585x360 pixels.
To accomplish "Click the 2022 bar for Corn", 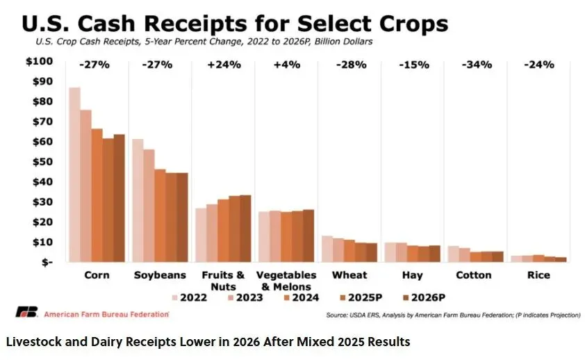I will pyautogui.click(x=74, y=174).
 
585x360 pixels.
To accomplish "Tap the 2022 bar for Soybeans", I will pyautogui.click(x=138, y=201).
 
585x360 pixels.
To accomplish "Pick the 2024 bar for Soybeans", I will pyautogui.click(x=160, y=215).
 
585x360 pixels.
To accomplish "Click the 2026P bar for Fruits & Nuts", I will pyautogui.click(x=245, y=229).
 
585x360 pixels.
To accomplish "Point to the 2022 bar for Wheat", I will pyautogui.click(x=327, y=249).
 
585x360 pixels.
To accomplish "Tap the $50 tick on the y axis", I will pyautogui.click(x=41, y=161).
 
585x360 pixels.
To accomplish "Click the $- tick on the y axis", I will pyautogui.click(x=44, y=263).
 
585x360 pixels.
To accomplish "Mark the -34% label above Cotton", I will pyautogui.click(x=477, y=65).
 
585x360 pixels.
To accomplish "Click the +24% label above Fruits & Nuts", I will pyautogui.click(x=224, y=65).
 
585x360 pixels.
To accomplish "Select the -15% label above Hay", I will pyautogui.click(x=413, y=65).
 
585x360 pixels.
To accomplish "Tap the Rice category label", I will pyautogui.click(x=539, y=275).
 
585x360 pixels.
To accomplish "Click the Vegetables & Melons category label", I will pyautogui.click(x=286, y=281).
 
